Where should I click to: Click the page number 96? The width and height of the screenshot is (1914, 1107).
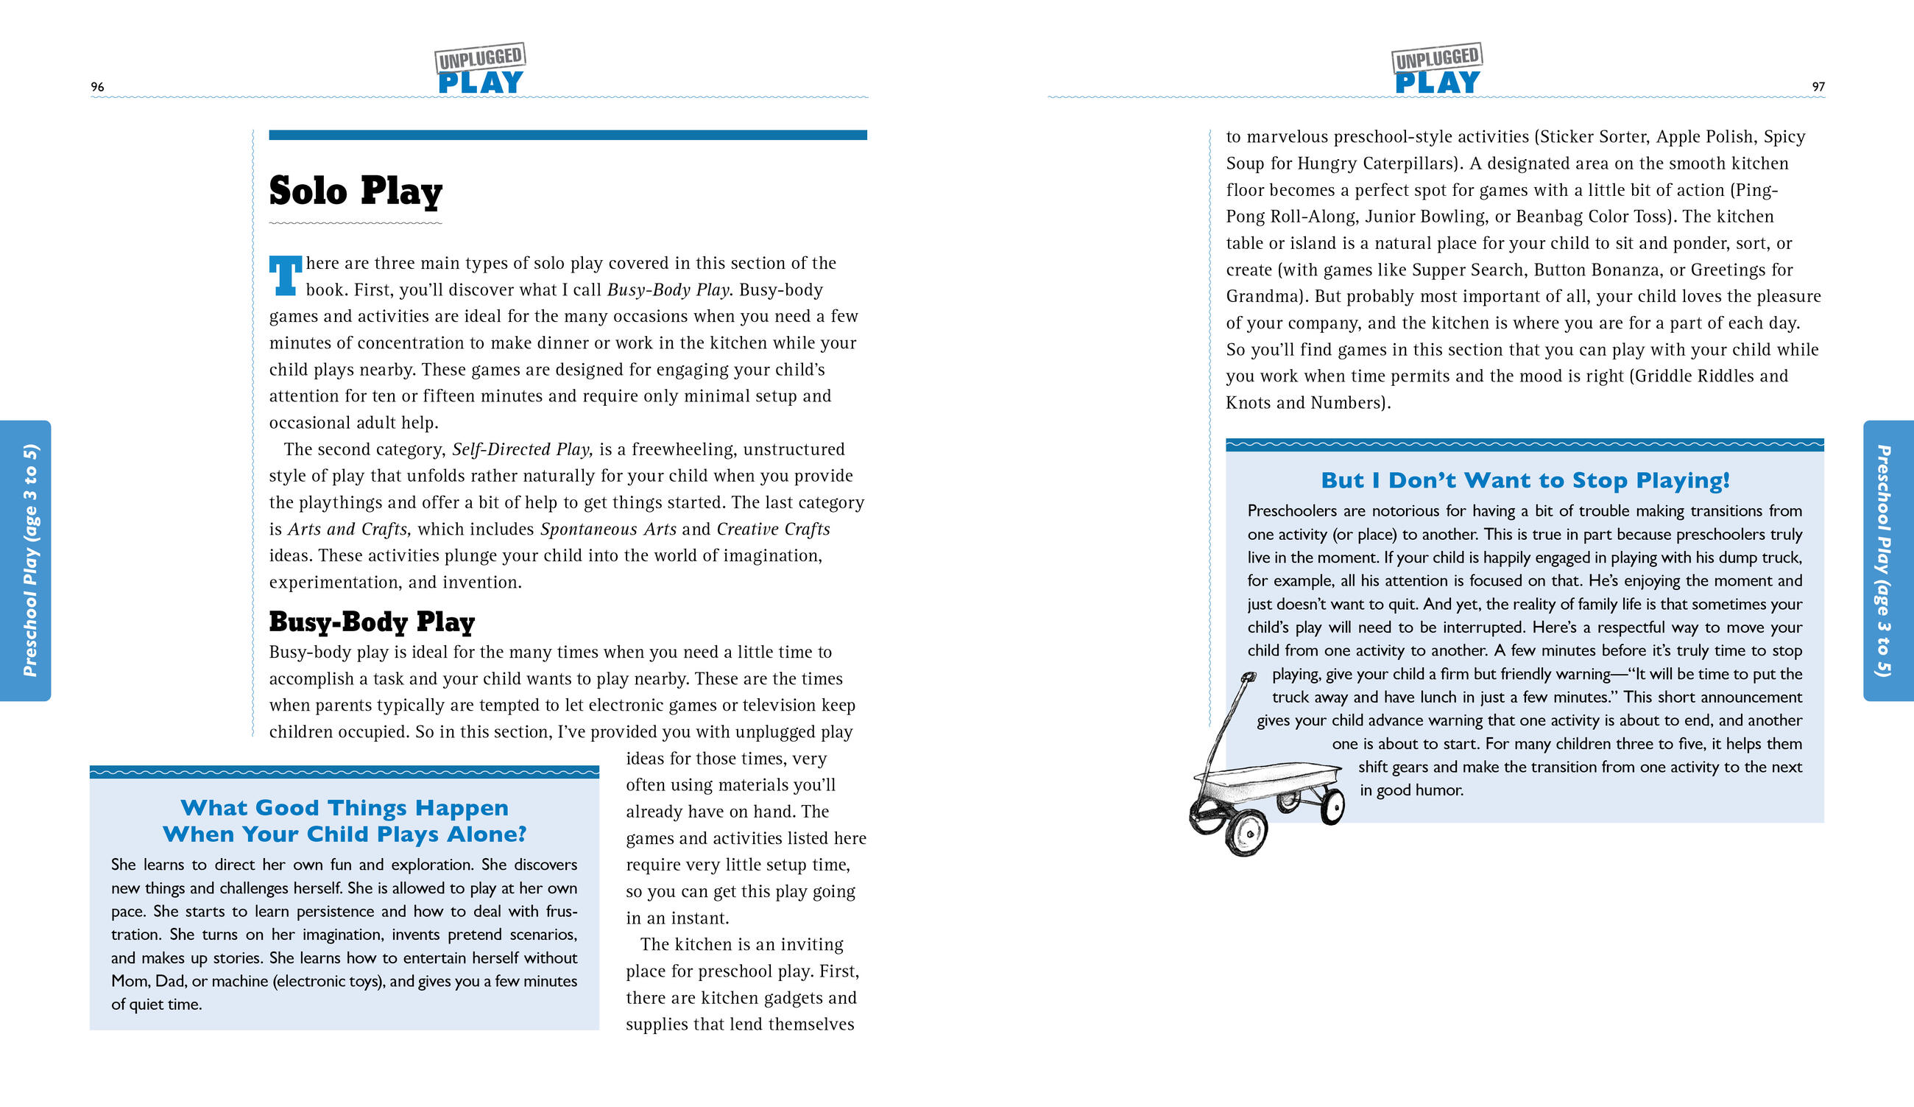pyautogui.click(x=97, y=87)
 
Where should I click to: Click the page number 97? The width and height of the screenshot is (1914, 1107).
pyautogui.click(x=1818, y=87)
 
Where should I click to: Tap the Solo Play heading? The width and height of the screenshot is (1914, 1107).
pyautogui.click(x=356, y=191)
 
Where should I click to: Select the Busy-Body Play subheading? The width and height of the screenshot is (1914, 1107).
pyautogui.click(x=372, y=622)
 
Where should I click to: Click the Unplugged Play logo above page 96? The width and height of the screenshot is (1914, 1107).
pyautogui.click(x=480, y=69)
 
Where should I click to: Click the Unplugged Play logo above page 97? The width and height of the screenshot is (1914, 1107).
pyautogui.click(x=1437, y=69)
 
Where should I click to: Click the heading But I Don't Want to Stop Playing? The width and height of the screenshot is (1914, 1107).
pyautogui.click(x=1525, y=480)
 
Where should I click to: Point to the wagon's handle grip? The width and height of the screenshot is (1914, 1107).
pyautogui.click(x=1247, y=677)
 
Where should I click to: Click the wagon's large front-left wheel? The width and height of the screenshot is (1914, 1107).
pyautogui.click(x=1246, y=833)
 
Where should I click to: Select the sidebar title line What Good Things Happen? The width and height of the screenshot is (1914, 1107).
pyautogui.click(x=344, y=808)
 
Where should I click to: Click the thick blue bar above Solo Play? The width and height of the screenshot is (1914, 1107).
pyautogui.click(x=568, y=136)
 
